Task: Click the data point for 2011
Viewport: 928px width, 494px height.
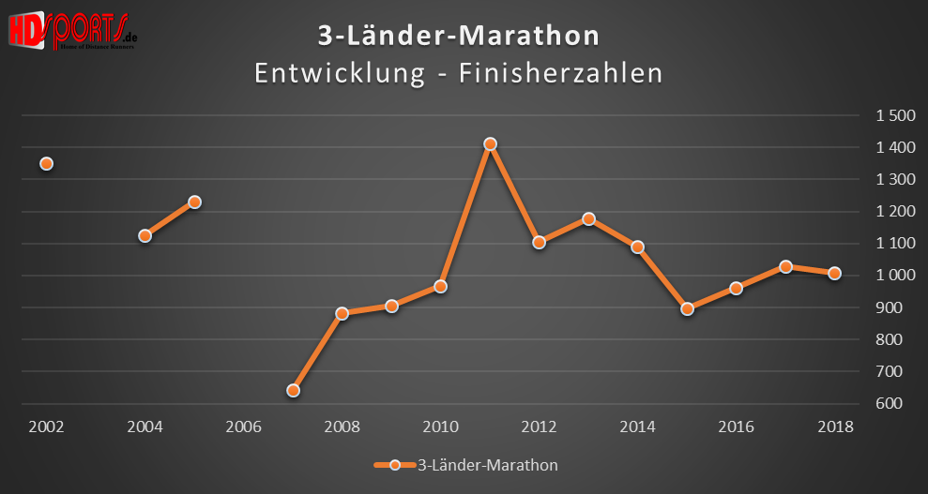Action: (x=490, y=144)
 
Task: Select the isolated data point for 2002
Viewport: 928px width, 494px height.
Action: (x=46, y=163)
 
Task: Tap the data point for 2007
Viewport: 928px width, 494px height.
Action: (x=293, y=390)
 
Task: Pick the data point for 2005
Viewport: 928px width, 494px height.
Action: (x=194, y=202)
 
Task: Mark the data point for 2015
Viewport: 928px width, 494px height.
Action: (x=687, y=308)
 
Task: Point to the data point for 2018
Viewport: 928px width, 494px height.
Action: (x=835, y=273)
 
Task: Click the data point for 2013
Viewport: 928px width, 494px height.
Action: (x=588, y=218)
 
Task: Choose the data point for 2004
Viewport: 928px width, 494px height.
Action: (x=145, y=235)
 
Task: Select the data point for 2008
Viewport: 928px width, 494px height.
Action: (x=342, y=313)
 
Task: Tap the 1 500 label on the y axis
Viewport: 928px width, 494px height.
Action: (x=895, y=115)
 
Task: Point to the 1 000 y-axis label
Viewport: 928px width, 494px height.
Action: (x=895, y=276)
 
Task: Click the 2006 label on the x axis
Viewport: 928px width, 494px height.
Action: (x=243, y=427)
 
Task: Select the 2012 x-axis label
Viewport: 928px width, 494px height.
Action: (x=540, y=427)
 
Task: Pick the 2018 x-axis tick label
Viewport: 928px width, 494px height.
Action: (x=835, y=427)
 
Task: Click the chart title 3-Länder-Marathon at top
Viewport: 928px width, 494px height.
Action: (x=458, y=37)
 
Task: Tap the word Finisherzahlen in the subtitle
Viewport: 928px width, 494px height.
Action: (x=561, y=73)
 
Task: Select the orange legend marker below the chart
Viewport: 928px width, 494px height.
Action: (x=394, y=465)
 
